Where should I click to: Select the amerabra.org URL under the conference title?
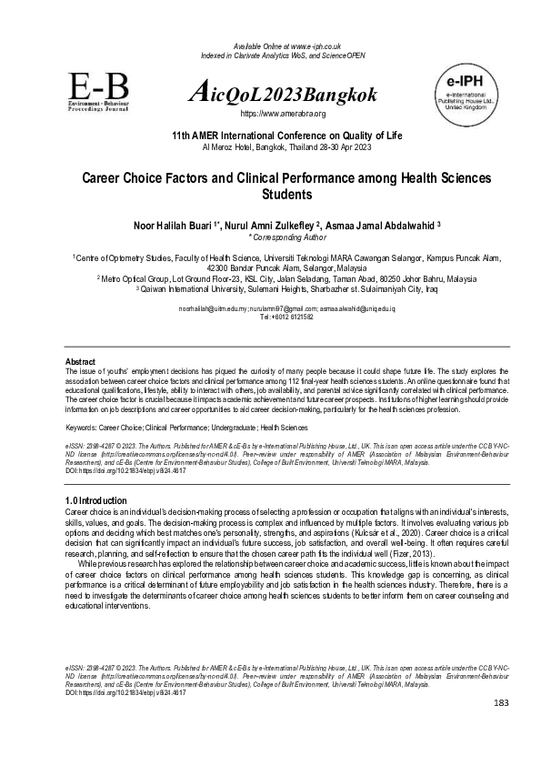(282, 114)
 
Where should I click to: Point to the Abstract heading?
(82, 362)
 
